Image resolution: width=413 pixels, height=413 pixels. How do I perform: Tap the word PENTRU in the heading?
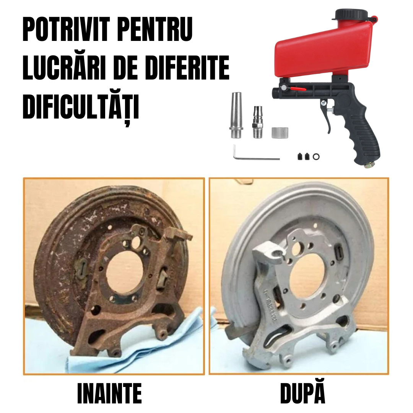[158, 29]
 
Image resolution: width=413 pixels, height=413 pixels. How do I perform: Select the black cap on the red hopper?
[351, 15]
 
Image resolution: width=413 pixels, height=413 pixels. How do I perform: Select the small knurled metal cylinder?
[279, 132]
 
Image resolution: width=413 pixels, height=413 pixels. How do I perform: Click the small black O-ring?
[316, 156]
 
